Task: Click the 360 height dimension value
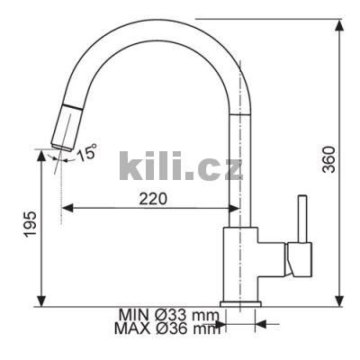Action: click(x=328, y=159)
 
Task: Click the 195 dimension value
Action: click(x=31, y=224)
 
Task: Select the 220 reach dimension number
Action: click(x=153, y=199)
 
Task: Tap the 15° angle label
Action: click(x=86, y=152)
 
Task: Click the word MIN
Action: click(x=134, y=315)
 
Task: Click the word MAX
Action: click(x=132, y=328)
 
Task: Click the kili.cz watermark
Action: click(x=181, y=166)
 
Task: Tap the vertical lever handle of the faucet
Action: click(x=302, y=219)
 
